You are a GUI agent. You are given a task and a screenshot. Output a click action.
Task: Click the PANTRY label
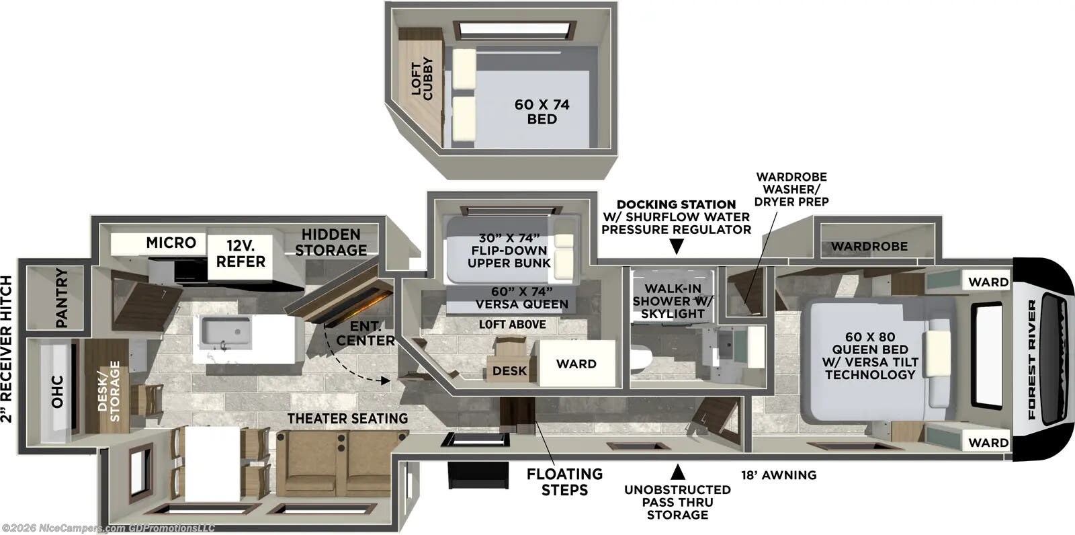tap(61, 298)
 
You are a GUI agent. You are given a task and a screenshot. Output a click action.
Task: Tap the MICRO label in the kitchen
tap(171, 243)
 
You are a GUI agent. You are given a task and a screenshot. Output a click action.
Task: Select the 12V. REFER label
tap(241, 253)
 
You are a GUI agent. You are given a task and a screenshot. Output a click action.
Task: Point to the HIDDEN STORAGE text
tap(331, 243)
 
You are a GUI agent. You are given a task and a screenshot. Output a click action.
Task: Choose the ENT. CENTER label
tap(365, 333)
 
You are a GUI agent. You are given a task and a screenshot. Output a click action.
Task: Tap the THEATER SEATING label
tap(347, 418)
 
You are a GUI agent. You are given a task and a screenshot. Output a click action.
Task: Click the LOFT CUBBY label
tap(423, 79)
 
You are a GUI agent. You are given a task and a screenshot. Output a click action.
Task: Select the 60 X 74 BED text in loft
tap(542, 112)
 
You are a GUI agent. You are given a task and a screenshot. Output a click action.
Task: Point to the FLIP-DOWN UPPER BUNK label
tap(509, 250)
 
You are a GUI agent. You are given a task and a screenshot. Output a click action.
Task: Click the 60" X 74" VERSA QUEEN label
tap(521, 297)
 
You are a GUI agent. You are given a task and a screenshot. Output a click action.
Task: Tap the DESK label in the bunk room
tap(509, 370)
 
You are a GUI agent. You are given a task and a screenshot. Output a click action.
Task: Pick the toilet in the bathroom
tap(639, 359)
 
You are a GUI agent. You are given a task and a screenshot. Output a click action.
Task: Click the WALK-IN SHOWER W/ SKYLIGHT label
tap(673, 301)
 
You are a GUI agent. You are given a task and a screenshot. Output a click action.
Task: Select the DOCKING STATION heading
tap(676, 204)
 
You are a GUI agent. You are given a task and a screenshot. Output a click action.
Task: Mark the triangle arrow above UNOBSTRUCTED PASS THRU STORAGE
tap(677, 471)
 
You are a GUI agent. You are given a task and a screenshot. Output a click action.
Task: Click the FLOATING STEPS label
tap(564, 482)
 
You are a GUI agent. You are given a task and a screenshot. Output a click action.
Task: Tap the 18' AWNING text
tap(779, 475)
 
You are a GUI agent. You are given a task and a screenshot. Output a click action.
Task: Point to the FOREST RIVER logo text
tap(1032, 359)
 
